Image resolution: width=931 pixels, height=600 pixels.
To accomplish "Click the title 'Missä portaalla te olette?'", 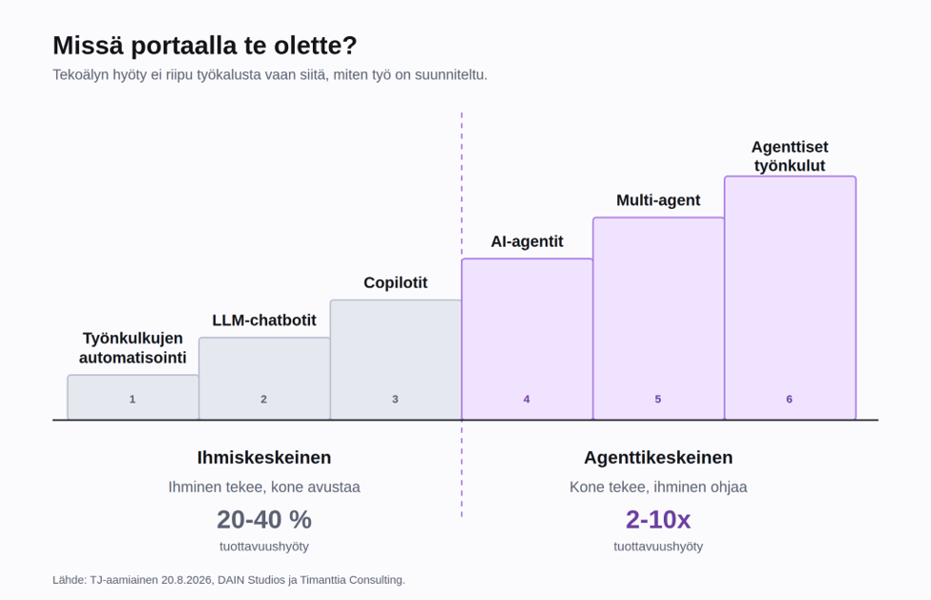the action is click(x=205, y=46).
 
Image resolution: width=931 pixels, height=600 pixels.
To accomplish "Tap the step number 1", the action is click(x=133, y=400).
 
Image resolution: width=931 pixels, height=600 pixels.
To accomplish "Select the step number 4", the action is click(x=527, y=400).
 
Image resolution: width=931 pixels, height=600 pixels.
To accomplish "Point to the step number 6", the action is click(x=789, y=400).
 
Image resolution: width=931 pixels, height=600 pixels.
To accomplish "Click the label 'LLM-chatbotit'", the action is click(x=264, y=321).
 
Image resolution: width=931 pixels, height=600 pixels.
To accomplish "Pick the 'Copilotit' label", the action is click(x=396, y=282).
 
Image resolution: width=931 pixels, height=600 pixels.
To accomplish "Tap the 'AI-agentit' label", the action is click(x=527, y=241).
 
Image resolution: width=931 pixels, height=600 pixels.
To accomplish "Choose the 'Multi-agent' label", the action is click(x=658, y=200).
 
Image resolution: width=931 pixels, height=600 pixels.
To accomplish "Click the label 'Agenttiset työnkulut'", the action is click(x=790, y=156).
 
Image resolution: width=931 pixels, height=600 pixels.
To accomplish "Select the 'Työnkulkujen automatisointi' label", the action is click(x=133, y=348).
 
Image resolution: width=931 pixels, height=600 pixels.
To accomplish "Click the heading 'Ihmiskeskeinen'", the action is click(x=264, y=458).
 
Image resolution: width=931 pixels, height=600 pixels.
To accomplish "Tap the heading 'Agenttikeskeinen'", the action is click(x=658, y=458).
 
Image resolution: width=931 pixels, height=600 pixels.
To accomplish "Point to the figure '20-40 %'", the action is click(x=264, y=520).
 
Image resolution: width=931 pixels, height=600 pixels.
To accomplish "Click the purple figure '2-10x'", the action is click(x=658, y=520).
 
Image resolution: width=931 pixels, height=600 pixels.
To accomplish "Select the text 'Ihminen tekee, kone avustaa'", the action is click(x=264, y=487).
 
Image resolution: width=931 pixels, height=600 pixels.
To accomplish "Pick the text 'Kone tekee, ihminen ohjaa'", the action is click(x=658, y=487).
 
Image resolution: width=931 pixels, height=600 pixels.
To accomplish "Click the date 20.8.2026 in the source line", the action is click(x=186, y=580).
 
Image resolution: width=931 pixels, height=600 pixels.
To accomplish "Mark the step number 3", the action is click(x=395, y=400).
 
